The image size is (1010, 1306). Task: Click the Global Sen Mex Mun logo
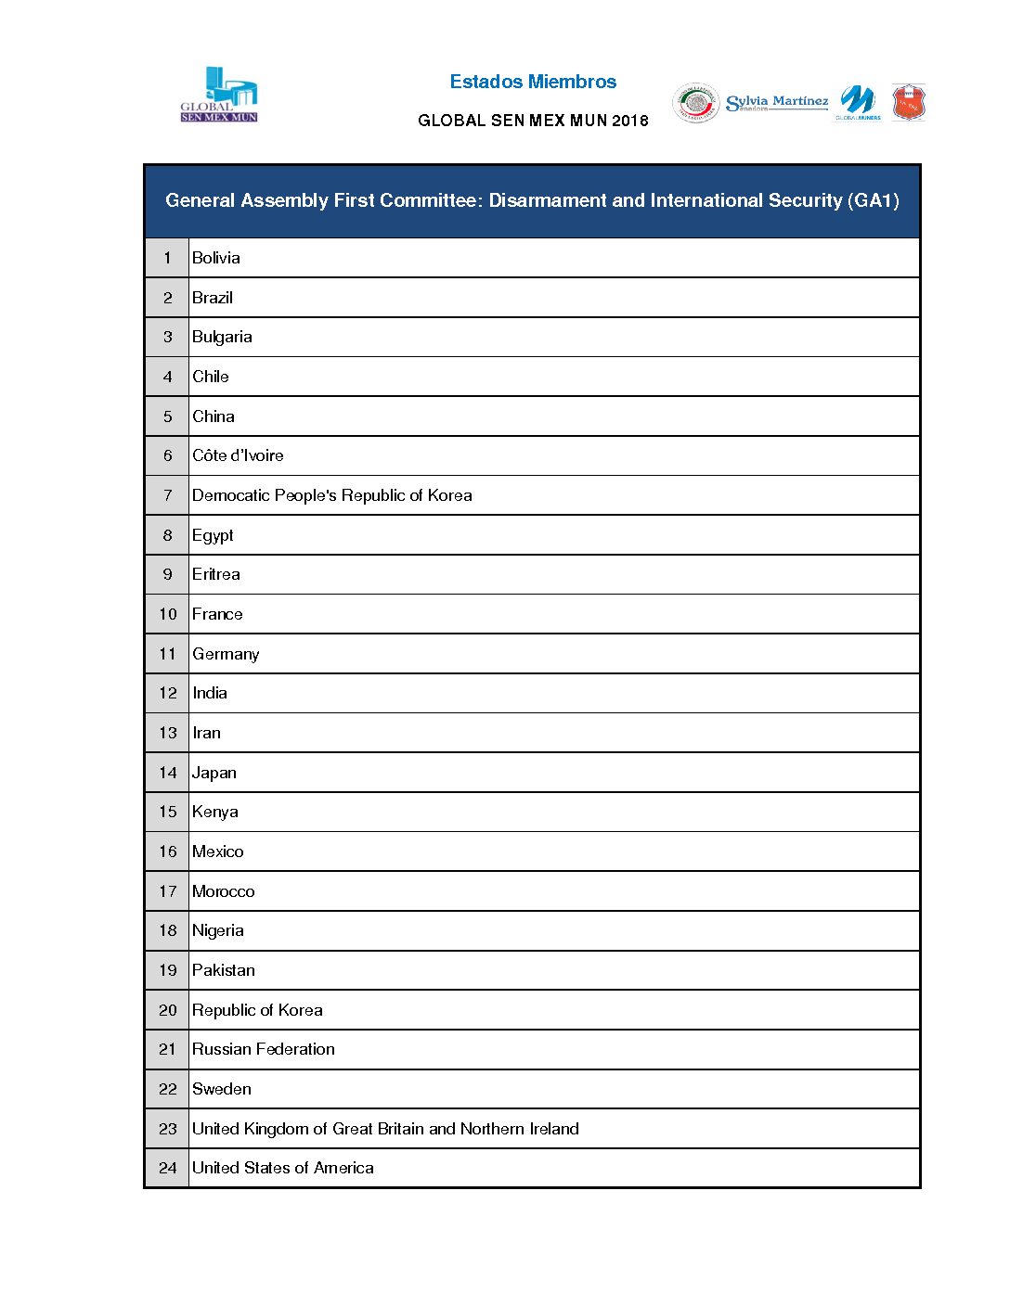219,95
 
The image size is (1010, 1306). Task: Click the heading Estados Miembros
533,82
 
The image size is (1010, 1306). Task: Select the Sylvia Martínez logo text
777,102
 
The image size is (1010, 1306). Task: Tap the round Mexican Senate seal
695,103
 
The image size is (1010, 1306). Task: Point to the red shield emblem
909,103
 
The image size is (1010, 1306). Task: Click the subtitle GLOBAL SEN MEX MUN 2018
533,121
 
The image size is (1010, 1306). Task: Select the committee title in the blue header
532,200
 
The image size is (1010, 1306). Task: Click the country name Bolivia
216,258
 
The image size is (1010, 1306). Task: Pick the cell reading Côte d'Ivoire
238,455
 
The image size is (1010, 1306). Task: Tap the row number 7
167,495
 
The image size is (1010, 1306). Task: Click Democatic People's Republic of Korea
331,495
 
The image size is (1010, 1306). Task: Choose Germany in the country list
226,654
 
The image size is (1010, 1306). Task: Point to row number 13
167,733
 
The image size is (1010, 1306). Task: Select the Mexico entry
218,851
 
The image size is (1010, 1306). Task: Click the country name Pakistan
224,970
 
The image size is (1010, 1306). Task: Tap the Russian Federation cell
264,1049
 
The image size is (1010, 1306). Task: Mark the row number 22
167,1089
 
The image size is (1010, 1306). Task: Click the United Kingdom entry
385,1129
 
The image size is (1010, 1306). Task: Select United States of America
283,1168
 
